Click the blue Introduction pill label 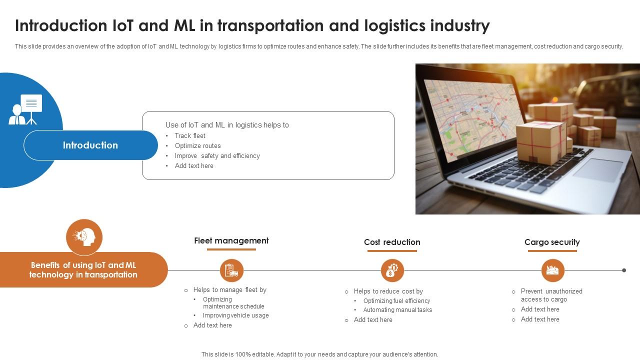90,145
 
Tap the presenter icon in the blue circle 25,109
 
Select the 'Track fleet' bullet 190,136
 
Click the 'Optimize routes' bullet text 197,146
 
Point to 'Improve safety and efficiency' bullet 217,156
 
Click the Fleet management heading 231,241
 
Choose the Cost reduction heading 392,242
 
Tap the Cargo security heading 552,242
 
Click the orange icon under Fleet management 231,270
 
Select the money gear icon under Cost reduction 392,270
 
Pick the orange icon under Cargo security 552,270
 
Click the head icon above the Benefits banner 84,236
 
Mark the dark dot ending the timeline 624,270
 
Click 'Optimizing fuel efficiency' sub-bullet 396,301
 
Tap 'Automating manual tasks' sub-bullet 397,310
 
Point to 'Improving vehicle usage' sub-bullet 235,315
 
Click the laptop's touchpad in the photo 598,170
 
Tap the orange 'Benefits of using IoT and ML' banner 83,270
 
